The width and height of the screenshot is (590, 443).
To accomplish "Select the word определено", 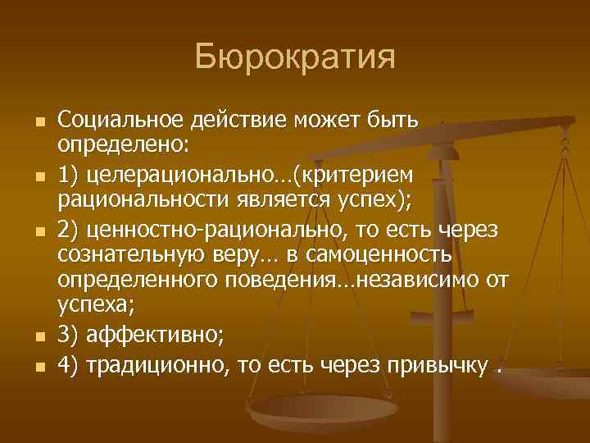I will tap(121, 144).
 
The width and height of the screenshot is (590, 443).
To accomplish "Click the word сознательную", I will tap(127, 257).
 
